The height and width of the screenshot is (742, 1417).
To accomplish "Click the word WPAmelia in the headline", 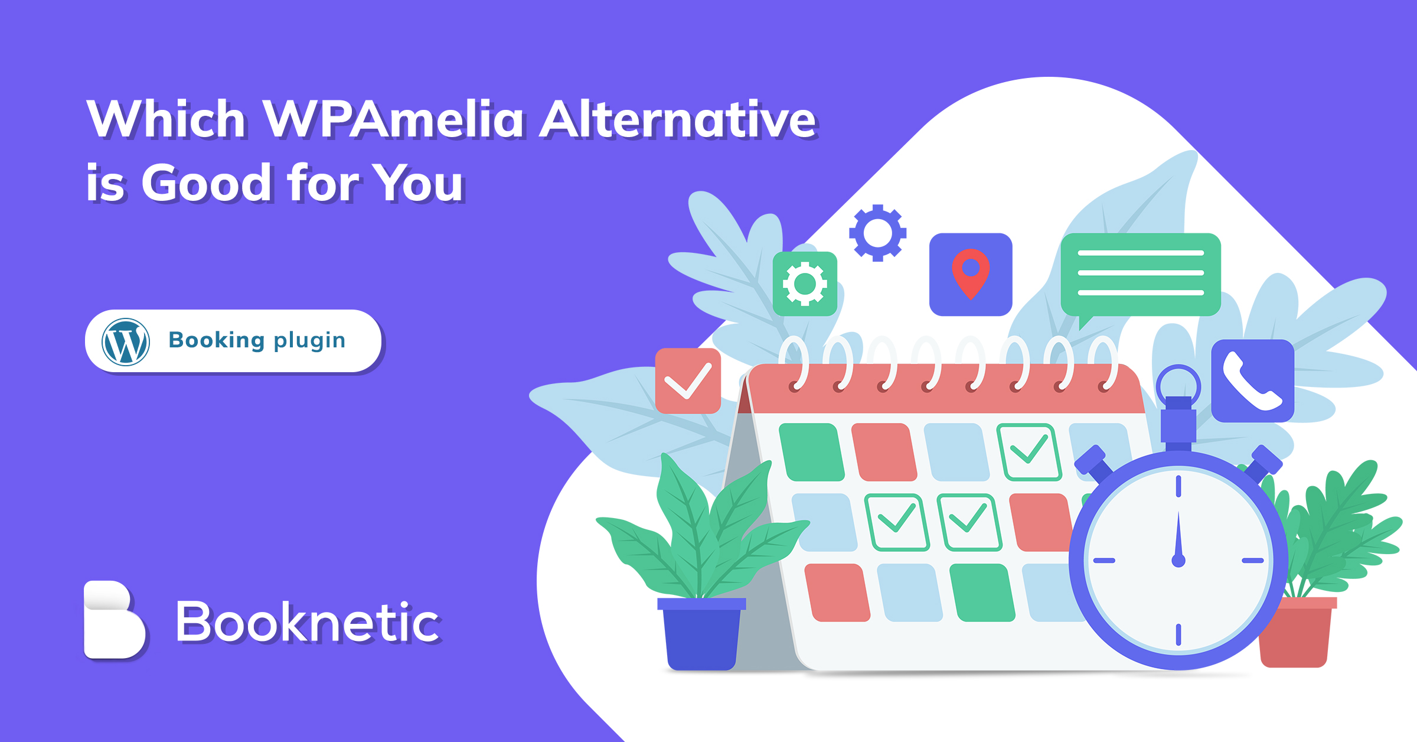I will coord(392,119).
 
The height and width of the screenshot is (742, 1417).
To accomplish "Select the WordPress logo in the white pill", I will coord(125,342).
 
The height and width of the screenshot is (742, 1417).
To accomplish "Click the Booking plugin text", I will coord(257,340).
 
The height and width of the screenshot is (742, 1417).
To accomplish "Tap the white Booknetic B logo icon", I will coord(114,620).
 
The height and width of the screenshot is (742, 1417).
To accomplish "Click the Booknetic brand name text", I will coord(308,621).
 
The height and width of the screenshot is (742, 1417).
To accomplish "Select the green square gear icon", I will coord(805,284).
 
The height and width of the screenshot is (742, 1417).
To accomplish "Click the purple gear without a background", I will coord(877,233).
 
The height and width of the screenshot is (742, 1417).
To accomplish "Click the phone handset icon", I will coord(1252,381).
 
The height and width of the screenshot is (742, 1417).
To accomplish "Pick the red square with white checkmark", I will coord(688,380).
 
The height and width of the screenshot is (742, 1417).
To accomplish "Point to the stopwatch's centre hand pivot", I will coord(1178,561).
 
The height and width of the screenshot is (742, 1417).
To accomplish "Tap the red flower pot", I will coord(1296,632).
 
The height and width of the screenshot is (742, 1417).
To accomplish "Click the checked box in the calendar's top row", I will coord(1029,452).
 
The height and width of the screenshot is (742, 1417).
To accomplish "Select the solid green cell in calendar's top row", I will coord(812,452).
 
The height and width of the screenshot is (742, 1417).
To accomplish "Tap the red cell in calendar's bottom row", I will coord(837,593).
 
